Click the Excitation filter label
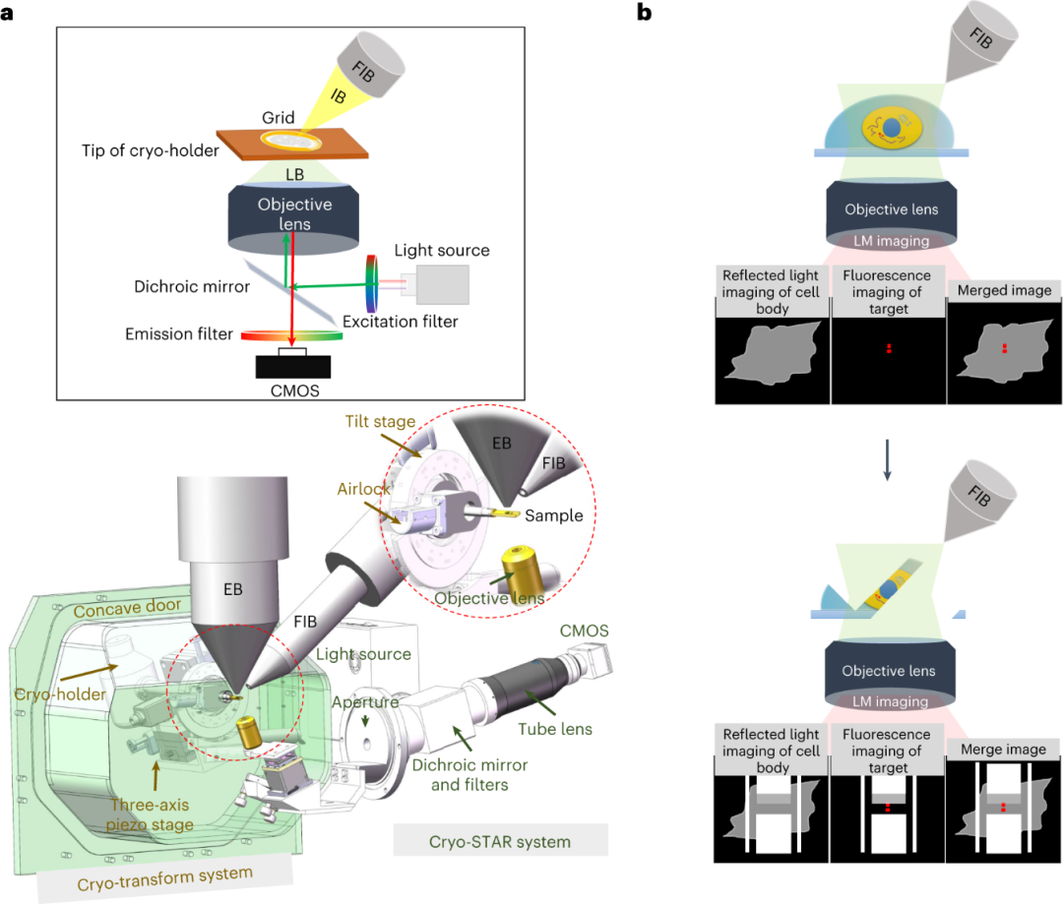pyautogui.click(x=400, y=321)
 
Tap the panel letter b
pyautogui.click(x=645, y=13)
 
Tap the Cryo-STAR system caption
pyautogui.click(x=499, y=841)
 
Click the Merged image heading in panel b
pyautogui.click(x=1004, y=290)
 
